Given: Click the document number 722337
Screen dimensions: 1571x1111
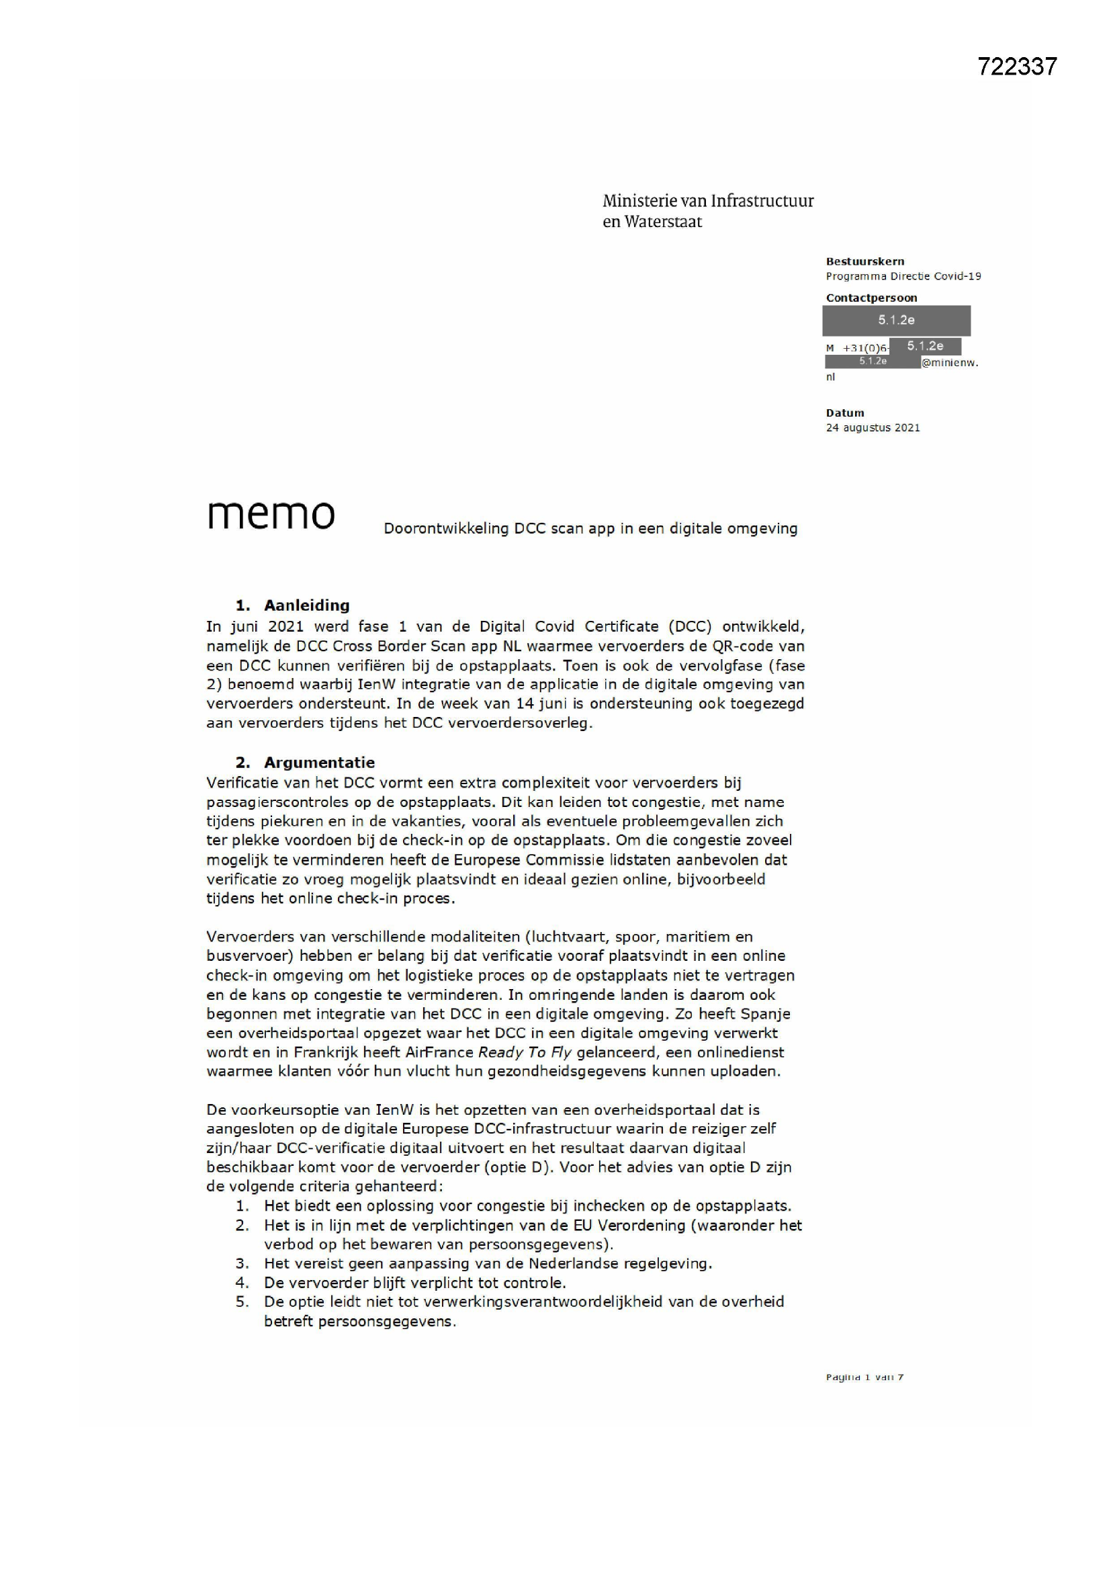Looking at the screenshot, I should tap(1016, 67).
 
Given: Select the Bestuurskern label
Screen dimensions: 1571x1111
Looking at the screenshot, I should tap(864, 261).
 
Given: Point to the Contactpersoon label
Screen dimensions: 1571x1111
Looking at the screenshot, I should tap(871, 298).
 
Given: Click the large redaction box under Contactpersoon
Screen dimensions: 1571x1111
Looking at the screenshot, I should tap(895, 321).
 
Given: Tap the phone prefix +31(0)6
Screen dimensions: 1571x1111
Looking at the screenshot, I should tap(865, 348).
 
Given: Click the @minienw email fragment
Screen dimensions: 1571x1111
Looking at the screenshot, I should tap(950, 363).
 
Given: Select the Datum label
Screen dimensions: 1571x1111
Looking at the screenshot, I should tap(845, 413).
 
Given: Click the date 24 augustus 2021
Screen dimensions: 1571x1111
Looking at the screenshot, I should tap(873, 427).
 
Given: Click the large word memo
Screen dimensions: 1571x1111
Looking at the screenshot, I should tap(271, 515).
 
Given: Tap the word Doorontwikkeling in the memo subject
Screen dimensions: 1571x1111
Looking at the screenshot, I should tap(445, 529).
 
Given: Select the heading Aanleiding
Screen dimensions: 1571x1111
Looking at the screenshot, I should tap(306, 605).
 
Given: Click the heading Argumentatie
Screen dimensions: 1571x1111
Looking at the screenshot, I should tap(319, 762).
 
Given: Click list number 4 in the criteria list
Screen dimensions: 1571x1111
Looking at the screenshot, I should tap(242, 1283).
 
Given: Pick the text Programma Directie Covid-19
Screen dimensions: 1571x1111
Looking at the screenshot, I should tap(903, 276).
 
